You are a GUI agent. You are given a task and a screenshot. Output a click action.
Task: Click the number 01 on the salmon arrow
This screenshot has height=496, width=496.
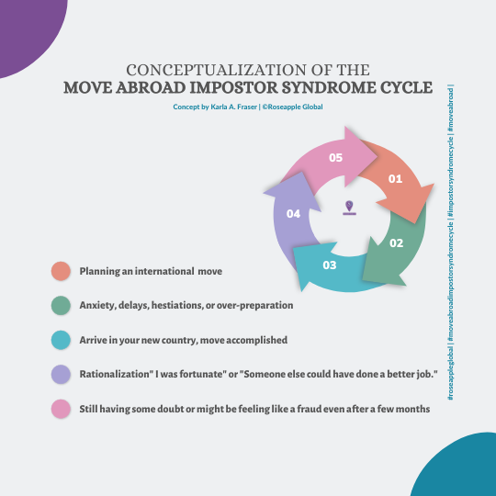click(395, 179)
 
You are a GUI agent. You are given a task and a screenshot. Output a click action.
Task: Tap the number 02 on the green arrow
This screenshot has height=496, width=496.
click(397, 242)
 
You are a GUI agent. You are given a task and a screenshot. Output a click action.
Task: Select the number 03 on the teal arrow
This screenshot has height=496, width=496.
click(330, 265)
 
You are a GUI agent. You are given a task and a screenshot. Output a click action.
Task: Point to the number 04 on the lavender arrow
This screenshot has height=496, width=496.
click(293, 214)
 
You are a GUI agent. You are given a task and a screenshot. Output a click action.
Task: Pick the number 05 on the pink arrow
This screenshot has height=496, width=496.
click(335, 158)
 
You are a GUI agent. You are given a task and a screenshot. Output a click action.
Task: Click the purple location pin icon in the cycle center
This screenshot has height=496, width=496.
click(349, 208)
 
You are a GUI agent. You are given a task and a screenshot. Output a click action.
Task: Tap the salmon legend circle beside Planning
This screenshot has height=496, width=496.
click(61, 271)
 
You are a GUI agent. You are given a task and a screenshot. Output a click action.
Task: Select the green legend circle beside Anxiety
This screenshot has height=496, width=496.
click(61, 305)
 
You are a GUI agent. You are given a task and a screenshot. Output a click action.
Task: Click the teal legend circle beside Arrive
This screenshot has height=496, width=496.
click(61, 340)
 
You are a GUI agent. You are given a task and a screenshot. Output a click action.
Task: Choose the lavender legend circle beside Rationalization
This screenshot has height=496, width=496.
click(61, 374)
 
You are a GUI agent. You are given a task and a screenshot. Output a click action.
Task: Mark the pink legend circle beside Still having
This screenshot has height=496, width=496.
click(61, 409)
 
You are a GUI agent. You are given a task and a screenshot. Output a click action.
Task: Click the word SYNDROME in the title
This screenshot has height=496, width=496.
click(324, 87)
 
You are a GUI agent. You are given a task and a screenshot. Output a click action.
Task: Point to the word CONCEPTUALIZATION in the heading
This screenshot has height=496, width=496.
click(217, 70)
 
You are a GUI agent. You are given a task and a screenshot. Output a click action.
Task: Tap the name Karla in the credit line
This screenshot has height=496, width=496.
click(219, 107)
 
